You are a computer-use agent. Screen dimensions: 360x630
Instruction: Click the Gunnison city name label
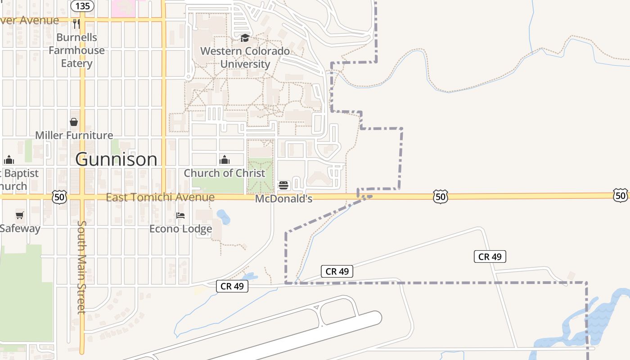point(116,159)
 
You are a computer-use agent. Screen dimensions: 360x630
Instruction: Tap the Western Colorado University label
point(245,57)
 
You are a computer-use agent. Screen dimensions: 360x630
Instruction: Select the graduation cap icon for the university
point(245,38)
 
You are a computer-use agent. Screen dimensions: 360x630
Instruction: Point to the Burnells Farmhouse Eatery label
point(76,50)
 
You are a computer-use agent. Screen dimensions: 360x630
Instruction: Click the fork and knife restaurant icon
point(76,23)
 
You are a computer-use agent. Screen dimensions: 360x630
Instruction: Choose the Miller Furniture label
point(74,135)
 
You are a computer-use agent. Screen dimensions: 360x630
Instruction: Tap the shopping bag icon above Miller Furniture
point(74,122)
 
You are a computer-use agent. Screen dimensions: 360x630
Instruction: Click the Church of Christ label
point(225,173)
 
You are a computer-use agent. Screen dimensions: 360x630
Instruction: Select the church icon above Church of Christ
point(224,160)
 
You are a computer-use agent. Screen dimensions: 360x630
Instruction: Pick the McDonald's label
point(283,198)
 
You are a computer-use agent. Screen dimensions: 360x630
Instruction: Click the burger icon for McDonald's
point(283,185)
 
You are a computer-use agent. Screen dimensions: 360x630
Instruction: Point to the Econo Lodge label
point(180,229)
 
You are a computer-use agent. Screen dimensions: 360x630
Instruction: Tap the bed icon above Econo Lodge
point(180,216)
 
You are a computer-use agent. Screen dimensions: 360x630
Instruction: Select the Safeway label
point(20,228)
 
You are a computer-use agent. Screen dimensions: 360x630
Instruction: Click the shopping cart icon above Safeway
point(19,215)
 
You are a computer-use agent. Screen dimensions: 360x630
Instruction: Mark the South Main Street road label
point(81,267)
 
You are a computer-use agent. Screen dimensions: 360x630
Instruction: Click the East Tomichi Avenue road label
point(160,197)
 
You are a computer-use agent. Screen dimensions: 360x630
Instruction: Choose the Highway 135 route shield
point(83,6)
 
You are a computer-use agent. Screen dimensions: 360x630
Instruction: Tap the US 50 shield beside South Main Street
point(59,197)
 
